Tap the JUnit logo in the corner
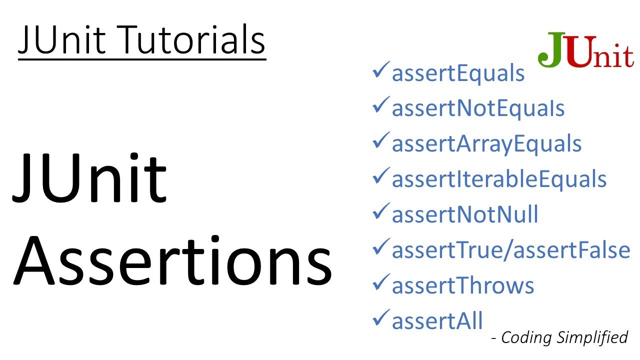click(585, 51)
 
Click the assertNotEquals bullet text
click(478, 108)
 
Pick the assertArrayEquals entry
click(486, 144)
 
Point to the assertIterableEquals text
click(499, 179)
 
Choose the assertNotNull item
click(465, 214)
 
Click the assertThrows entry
click(463, 285)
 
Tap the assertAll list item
click(437, 321)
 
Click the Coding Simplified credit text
click(564, 337)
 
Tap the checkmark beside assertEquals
click(381, 72)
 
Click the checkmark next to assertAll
click(381, 318)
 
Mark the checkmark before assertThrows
click(381, 283)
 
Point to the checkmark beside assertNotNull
click(381, 212)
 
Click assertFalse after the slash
click(572, 250)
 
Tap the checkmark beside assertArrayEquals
click(381, 142)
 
